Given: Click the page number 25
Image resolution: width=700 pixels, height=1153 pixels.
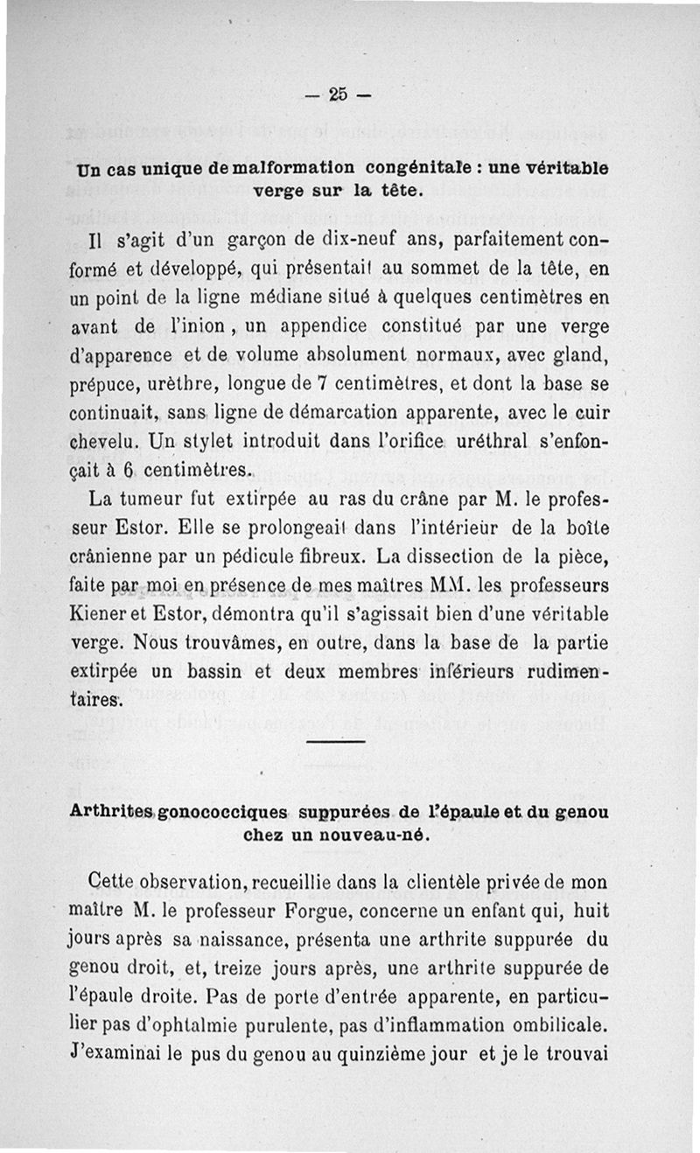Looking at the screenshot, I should click(339, 94).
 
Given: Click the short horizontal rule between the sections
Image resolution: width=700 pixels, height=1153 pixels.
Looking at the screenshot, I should click(337, 743).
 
